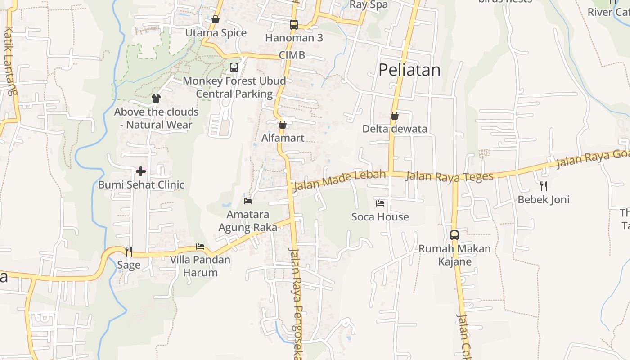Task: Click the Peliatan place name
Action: point(409,70)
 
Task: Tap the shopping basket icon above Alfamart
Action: point(283,125)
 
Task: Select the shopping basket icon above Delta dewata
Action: point(395,116)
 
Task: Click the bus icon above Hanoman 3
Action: point(294,25)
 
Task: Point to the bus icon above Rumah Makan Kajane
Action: point(454,235)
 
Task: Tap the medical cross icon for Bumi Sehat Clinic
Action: point(141,171)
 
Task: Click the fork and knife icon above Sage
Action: point(129,251)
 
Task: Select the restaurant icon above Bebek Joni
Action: point(544,186)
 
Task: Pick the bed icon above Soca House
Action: point(380,203)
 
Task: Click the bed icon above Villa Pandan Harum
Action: point(200,247)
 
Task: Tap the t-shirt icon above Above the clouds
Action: point(156,98)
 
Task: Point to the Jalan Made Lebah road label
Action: point(340,180)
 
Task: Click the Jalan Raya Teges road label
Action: point(449,176)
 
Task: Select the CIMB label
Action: point(292,55)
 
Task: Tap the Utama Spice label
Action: point(216,33)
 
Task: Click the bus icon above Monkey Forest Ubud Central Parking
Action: point(234,67)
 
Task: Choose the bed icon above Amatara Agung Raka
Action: point(248,201)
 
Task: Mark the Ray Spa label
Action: point(369,5)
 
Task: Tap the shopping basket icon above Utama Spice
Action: point(216,19)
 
